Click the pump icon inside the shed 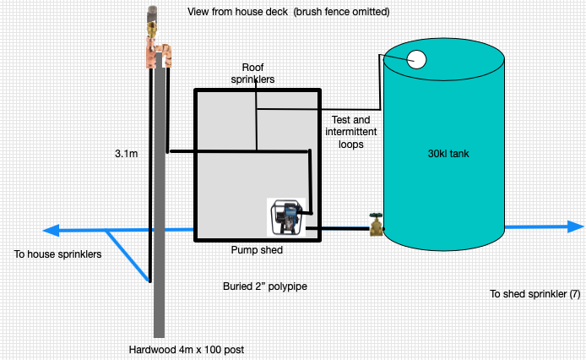[x=287, y=217]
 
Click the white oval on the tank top [x=417, y=59]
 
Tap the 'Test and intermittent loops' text [x=350, y=132]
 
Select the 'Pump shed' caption [x=258, y=251]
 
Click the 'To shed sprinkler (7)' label [x=535, y=294]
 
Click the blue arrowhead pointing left [x=51, y=230]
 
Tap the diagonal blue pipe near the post [x=128, y=255]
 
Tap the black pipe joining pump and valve [x=338, y=228]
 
